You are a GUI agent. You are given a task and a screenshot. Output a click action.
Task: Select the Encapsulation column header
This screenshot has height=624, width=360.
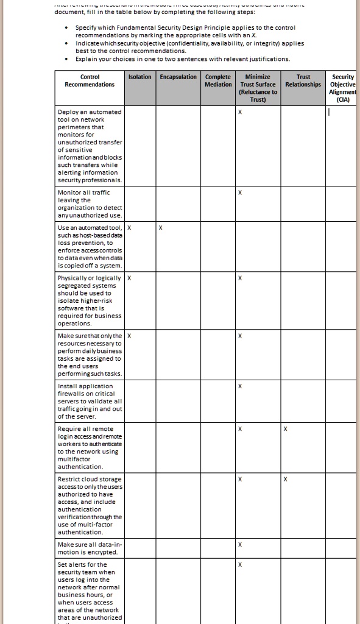178,77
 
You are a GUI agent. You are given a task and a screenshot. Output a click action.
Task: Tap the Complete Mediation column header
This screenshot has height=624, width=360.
218,80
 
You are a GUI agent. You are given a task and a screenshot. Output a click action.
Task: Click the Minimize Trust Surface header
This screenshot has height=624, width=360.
258,88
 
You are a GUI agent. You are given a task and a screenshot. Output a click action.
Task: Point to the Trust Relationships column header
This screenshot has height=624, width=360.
303,80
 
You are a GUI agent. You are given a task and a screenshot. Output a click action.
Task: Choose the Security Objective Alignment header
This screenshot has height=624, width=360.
343,88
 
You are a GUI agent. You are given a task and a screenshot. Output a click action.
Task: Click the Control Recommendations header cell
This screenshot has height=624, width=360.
90,80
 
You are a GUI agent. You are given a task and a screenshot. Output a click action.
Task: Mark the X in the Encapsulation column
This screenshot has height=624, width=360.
160,228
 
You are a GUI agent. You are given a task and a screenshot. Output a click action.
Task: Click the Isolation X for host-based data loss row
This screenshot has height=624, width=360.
130,228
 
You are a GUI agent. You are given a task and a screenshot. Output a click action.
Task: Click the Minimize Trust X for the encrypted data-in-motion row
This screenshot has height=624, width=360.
241,544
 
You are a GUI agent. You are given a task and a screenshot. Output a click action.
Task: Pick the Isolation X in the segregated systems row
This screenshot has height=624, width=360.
130,278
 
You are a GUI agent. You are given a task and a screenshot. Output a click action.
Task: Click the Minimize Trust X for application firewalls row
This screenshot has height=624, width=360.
241,386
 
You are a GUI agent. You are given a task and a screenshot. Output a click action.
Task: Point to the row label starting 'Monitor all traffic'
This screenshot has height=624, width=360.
90,204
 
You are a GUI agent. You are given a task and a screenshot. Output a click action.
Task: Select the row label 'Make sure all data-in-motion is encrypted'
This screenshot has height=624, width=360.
90,548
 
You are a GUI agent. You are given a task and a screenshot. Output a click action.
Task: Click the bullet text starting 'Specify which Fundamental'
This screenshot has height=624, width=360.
177,32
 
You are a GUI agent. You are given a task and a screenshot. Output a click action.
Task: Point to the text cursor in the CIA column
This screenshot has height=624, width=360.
328,113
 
